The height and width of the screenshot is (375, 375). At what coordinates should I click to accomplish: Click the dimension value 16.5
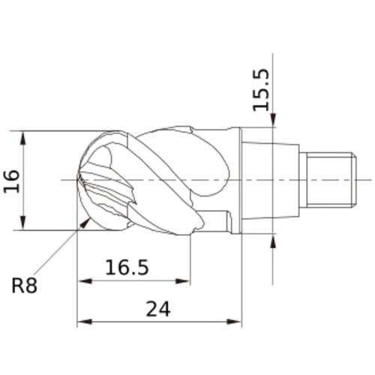(x=127, y=267)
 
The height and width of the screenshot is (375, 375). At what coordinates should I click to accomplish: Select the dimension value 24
(x=158, y=309)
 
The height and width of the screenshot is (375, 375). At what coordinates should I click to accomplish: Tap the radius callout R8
(x=25, y=286)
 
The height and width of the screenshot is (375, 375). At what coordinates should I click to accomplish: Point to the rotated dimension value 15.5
(x=262, y=90)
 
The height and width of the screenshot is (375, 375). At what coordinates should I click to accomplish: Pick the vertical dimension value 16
(x=11, y=181)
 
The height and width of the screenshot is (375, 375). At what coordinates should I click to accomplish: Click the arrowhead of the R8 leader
(x=85, y=223)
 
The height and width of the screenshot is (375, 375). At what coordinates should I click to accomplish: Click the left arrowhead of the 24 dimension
(x=85, y=322)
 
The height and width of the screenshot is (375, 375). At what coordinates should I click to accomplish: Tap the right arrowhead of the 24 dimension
(x=233, y=322)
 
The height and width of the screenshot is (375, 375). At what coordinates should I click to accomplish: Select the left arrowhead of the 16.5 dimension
(x=85, y=281)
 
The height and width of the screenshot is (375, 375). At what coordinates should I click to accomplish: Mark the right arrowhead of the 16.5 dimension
(x=183, y=281)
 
